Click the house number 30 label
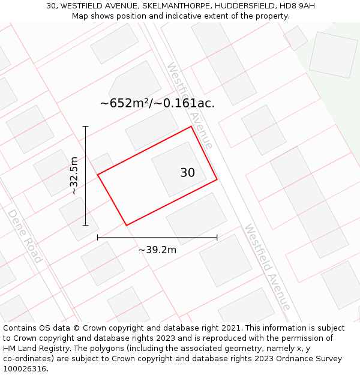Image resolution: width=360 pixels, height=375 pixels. tap(187, 173)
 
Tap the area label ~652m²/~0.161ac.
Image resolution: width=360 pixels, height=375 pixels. tap(157, 103)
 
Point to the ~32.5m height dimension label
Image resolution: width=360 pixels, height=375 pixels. tap(74, 176)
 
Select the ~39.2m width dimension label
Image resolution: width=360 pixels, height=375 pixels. tap(157, 250)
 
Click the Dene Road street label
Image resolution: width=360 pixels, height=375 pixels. tap(25, 236)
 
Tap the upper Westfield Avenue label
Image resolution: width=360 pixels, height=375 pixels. tap(190, 106)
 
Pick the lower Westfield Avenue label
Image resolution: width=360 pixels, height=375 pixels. tap(268, 267)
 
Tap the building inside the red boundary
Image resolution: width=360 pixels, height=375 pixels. tap(179, 169)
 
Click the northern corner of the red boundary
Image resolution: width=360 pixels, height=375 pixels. tap(191, 127)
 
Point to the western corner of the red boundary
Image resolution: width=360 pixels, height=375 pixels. tap(98, 175)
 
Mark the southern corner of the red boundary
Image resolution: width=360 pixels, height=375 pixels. tap(126, 225)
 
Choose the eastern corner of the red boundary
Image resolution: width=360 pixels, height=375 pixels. tap(217, 179)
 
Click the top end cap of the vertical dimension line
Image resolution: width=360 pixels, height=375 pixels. tap(85, 127)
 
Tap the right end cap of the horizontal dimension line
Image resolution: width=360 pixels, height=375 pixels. tap(217, 238)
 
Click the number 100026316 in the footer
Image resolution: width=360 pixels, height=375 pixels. tap(25, 368)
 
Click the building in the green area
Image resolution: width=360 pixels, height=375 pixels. tap(332, 55)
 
